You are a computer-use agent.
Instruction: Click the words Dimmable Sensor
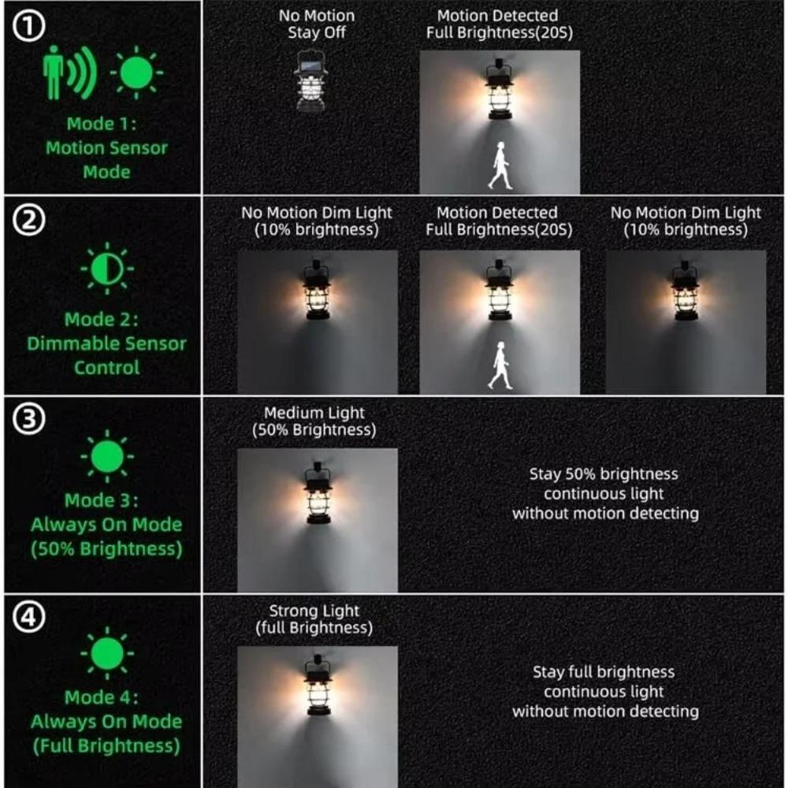pos(106,344)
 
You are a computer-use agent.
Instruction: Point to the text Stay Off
pos(316,32)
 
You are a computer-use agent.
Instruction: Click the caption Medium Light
pos(314,413)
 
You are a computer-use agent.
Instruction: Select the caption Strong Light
pos(314,611)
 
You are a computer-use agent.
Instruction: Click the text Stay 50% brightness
pos(604,474)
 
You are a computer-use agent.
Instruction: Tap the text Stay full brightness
pos(604,672)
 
